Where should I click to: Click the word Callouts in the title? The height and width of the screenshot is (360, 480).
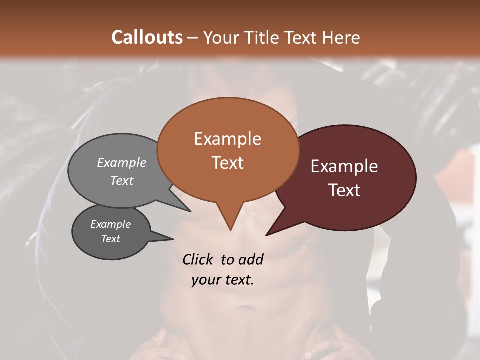coord(147,37)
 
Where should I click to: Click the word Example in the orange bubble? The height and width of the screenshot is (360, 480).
coord(227,139)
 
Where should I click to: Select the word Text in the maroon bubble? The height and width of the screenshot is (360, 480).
coord(344,190)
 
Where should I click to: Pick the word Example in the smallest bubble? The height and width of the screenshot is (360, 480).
coord(110,224)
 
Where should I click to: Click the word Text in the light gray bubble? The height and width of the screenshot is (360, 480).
coord(122,180)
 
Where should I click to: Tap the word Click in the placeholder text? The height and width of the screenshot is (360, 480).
coord(198,259)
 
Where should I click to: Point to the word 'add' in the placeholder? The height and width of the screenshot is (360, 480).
coord(250,259)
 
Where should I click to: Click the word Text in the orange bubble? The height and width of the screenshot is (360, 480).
coord(227,163)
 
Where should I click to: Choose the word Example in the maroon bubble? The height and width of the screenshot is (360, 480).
coord(344,166)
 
